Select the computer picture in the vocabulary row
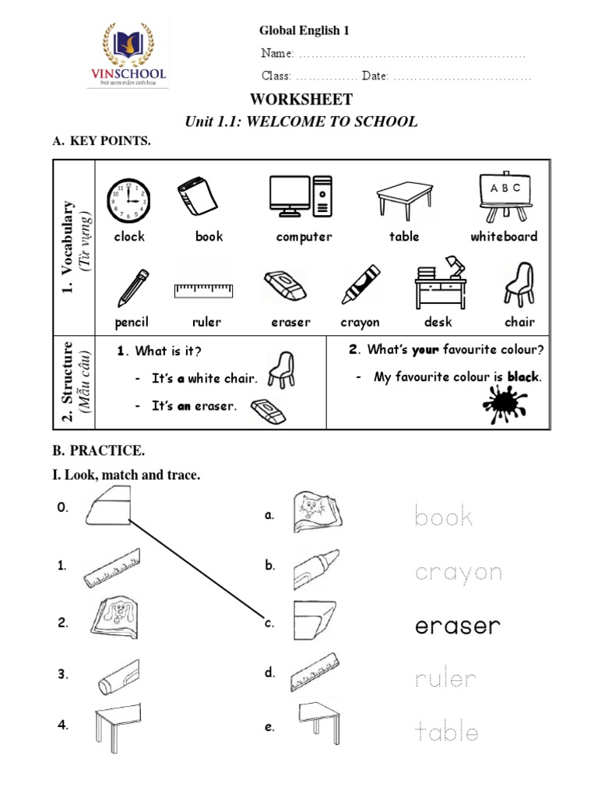[x=301, y=196]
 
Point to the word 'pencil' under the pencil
[x=131, y=322]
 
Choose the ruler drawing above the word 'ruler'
[x=203, y=291]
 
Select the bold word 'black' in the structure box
[x=523, y=377]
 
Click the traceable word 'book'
[x=444, y=516]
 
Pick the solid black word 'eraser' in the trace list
[x=458, y=626]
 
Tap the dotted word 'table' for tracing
[x=446, y=732]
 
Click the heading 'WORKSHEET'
[x=301, y=100]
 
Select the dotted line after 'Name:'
[x=412, y=55]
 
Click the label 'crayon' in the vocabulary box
[x=360, y=322]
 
